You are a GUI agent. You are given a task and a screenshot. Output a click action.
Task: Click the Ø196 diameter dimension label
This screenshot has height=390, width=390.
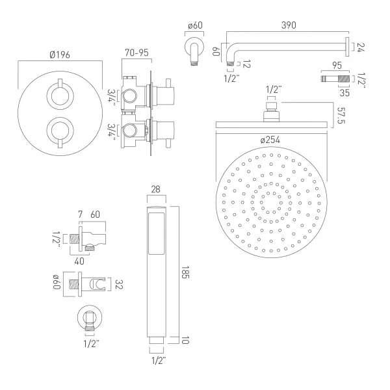60,55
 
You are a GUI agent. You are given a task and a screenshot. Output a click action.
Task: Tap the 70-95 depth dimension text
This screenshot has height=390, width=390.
136,53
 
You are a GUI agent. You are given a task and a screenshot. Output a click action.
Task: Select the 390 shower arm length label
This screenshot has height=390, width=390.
289,25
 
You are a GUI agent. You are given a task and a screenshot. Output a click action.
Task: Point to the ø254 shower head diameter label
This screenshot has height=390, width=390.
270,140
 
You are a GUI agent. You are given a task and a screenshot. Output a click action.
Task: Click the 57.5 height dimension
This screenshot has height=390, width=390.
341,116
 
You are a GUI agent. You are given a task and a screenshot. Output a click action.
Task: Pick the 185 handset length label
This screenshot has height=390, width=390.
185,272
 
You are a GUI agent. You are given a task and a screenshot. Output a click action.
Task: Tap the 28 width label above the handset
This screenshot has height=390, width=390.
155,189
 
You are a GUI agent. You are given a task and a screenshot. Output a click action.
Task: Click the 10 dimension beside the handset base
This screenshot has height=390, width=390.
185,340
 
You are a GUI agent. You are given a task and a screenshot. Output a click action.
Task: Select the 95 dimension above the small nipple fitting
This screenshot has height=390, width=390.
337,66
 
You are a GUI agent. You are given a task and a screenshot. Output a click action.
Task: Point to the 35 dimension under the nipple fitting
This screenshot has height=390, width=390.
344,93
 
